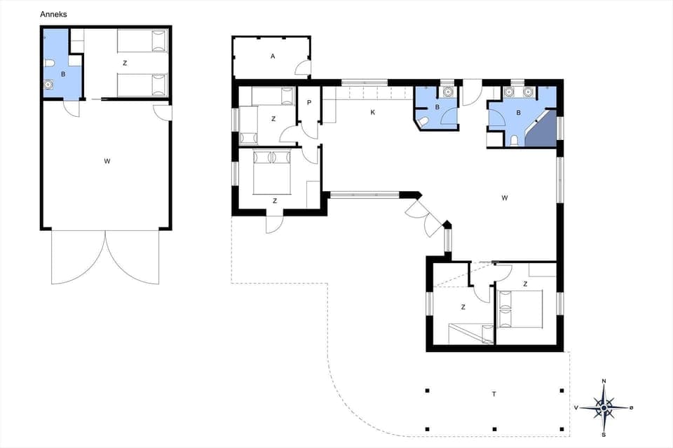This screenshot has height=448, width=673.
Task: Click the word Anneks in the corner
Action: click(x=54, y=14)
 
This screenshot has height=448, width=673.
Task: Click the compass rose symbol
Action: click(x=604, y=406)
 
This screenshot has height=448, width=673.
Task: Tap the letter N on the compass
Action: click(x=604, y=381)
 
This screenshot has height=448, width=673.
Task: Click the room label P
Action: click(x=309, y=102)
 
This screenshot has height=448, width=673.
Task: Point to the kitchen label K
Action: click(x=372, y=111)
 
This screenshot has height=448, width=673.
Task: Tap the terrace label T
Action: click(x=494, y=394)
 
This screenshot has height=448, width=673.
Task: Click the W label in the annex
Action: click(x=107, y=161)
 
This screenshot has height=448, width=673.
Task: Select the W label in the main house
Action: click(x=504, y=198)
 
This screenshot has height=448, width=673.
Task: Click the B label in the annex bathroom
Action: click(x=63, y=73)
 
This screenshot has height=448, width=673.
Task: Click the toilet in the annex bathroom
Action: click(x=49, y=64)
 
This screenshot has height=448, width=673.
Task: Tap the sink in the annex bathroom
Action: click(x=48, y=86)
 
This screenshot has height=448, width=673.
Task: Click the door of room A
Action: click(x=303, y=68)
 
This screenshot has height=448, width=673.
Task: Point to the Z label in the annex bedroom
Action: click(x=125, y=63)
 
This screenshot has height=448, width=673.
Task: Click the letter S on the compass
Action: click(x=604, y=433)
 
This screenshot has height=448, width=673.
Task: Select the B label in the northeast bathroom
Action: click(x=519, y=112)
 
